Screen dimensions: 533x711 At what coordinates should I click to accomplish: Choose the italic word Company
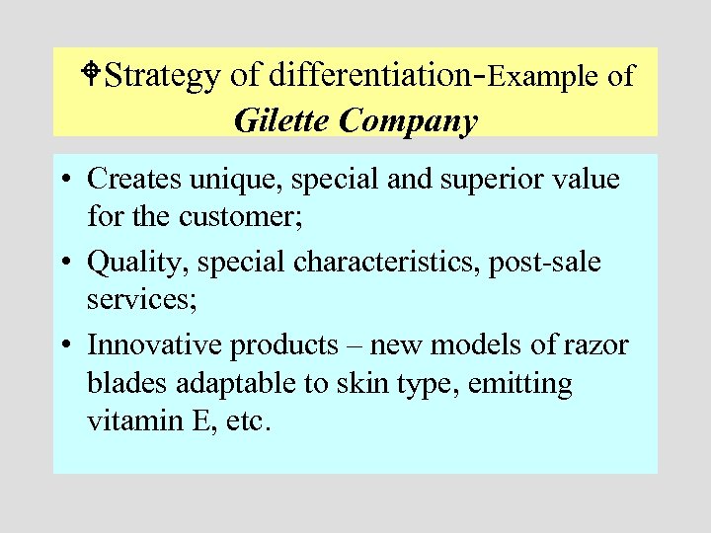coord(409,122)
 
